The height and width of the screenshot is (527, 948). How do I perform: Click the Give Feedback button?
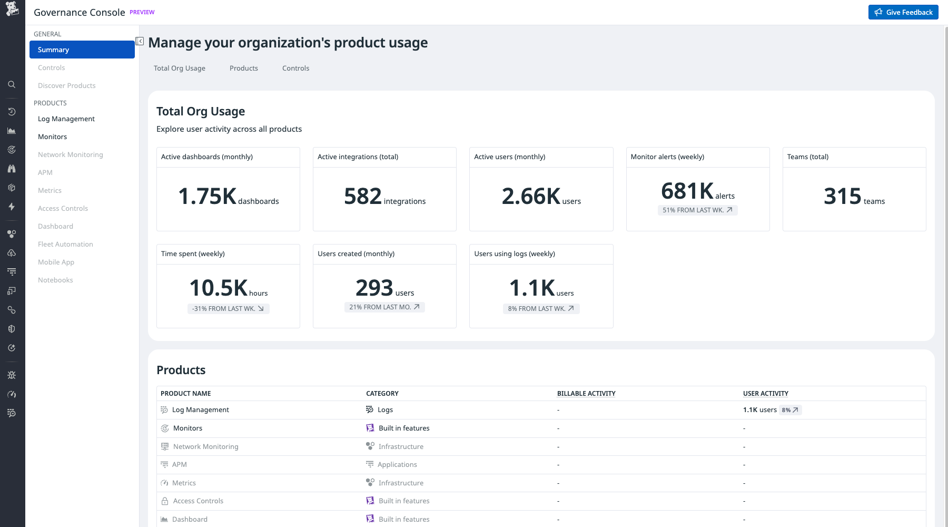[903, 12]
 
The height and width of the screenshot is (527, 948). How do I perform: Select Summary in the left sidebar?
[82, 50]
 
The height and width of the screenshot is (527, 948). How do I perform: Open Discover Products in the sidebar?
[66, 85]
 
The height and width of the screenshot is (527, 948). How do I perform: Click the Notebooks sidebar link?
[55, 280]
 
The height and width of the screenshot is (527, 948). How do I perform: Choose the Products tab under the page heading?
[243, 68]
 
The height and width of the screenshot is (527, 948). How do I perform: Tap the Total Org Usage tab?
[179, 68]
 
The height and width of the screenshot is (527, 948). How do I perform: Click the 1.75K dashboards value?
[228, 197]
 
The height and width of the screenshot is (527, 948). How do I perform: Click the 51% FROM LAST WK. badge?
[697, 210]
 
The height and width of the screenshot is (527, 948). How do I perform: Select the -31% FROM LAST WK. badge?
[228, 308]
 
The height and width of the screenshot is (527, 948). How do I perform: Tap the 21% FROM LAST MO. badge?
[384, 307]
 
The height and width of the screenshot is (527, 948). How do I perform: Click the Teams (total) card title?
[807, 157]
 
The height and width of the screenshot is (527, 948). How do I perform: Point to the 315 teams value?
[854, 197]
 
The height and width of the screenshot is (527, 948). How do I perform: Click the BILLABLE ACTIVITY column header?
[586, 393]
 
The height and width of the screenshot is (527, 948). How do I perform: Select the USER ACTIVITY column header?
[765, 393]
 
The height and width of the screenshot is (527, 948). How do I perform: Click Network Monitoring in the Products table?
[205, 446]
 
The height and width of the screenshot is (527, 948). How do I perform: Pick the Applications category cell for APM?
[397, 464]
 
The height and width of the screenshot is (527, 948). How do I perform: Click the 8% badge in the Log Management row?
[790, 409]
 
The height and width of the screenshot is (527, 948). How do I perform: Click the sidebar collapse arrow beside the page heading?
[140, 41]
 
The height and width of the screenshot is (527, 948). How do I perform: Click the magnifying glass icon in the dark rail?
[12, 84]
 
